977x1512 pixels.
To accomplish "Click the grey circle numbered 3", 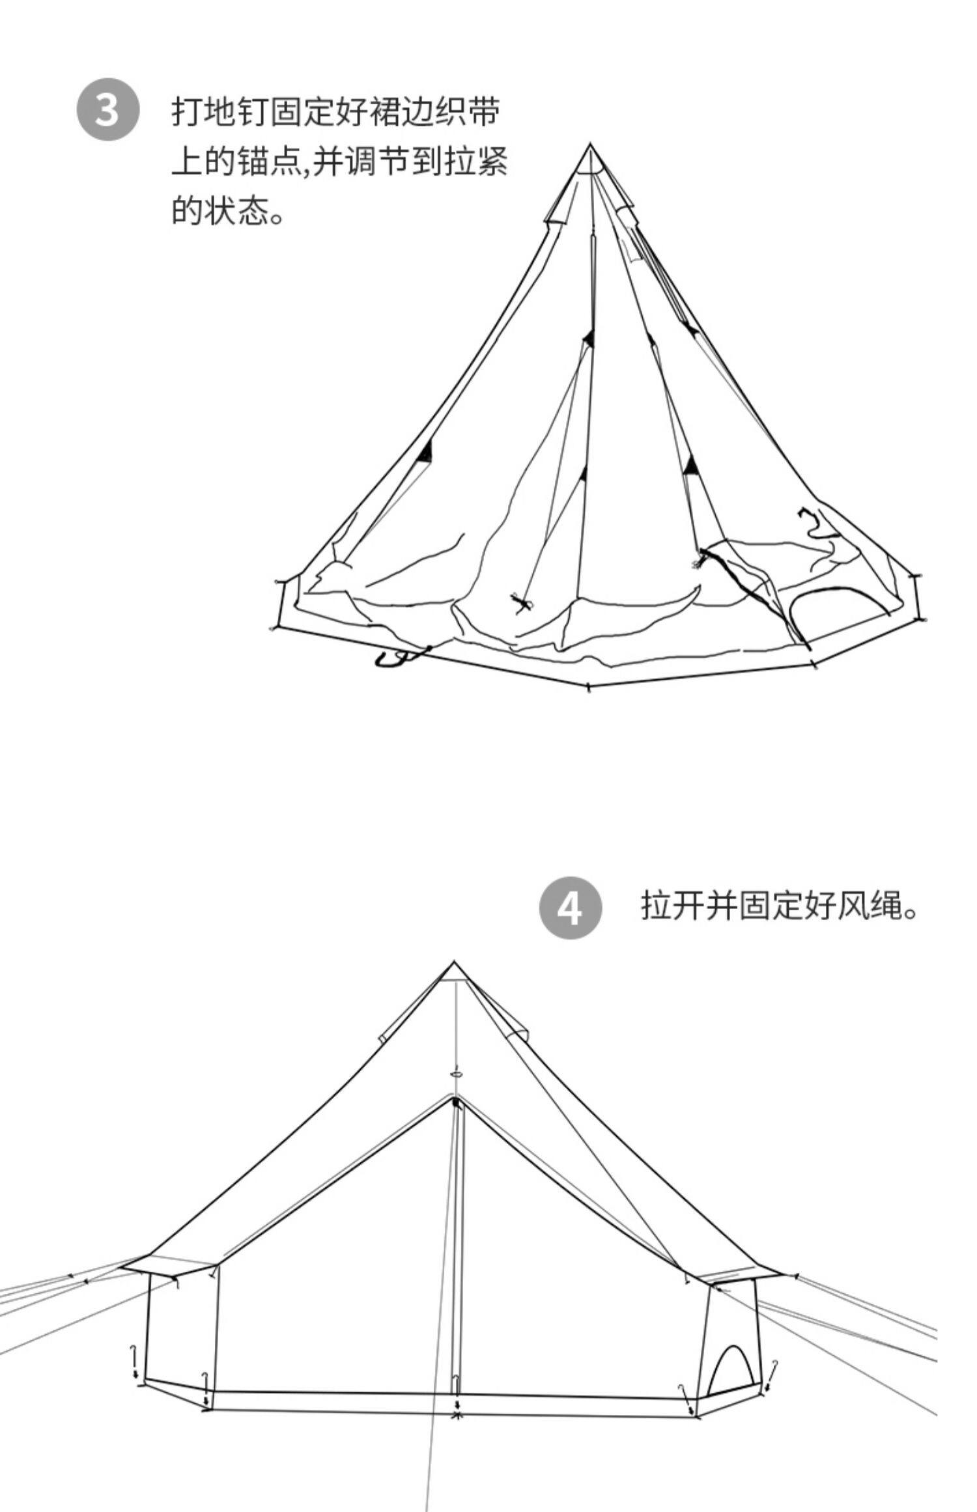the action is click(108, 110).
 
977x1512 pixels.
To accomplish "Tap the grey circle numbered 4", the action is click(570, 908).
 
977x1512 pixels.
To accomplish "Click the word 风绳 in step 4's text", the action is click(870, 905).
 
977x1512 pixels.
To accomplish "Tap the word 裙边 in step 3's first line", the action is click(401, 112).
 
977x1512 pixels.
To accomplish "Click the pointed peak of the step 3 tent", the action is click(590, 146).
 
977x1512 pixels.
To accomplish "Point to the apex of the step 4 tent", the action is click(454, 962).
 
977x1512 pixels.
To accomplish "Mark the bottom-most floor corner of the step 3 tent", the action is click(589, 686).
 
